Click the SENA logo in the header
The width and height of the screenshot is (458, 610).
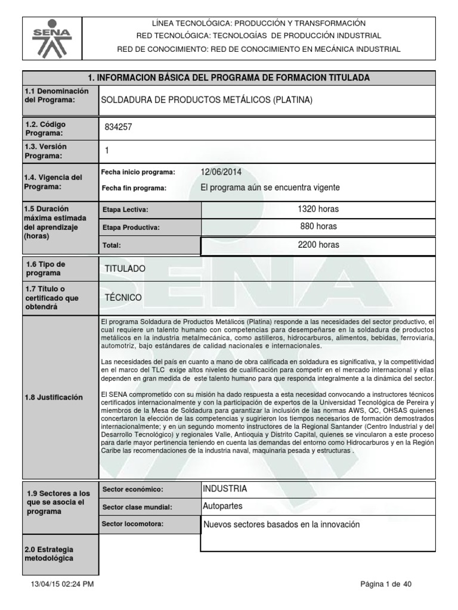click(52, 36)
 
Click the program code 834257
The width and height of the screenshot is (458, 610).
click(118, 127)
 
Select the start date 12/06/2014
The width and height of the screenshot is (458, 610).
click(221, 172)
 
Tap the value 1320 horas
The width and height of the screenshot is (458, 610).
click(318, 209)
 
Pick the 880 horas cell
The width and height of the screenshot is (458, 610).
click(318, 226)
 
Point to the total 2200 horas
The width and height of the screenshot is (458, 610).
click(318, 244)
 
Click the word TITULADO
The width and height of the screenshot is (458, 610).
click(125, 269)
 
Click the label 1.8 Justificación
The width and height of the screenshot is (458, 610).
click(54, 397)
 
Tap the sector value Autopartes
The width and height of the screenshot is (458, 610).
click(223, 506)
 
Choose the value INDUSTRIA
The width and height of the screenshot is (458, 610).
click(225, 488)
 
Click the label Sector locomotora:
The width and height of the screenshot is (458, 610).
click(132, 524)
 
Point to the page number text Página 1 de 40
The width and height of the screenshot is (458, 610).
click(386, 584)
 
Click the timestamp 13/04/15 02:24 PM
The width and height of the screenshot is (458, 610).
click(62, 584)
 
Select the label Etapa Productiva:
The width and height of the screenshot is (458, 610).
click(131, 228)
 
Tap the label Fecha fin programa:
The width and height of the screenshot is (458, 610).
click(134, 188)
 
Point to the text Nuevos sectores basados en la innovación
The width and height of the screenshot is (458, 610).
click(281, 525)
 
